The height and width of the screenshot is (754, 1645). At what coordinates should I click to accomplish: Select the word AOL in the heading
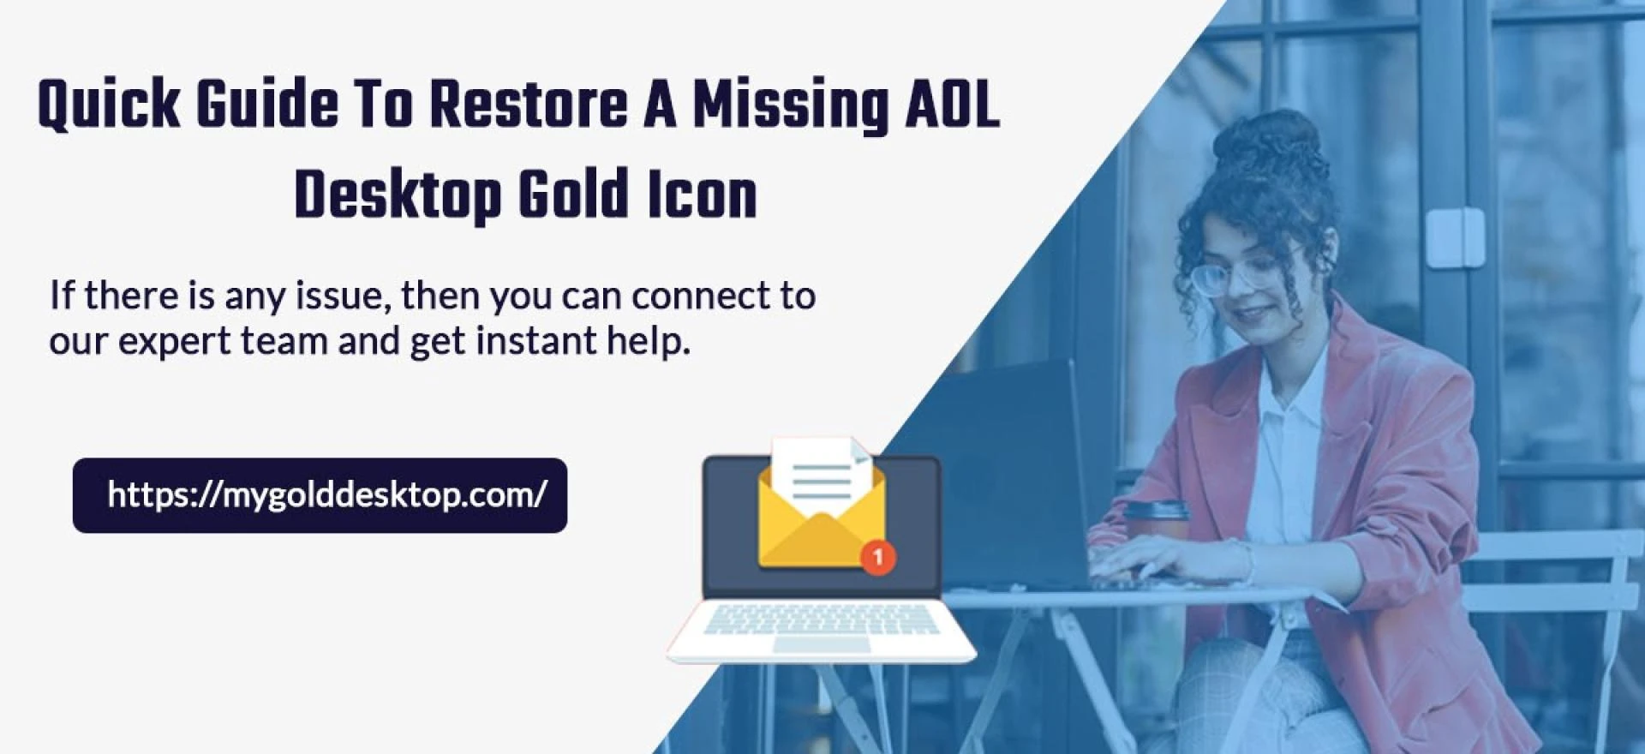951,105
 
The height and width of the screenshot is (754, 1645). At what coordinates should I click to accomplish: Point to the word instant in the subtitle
536,341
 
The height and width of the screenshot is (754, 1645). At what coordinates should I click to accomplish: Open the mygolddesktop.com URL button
320,495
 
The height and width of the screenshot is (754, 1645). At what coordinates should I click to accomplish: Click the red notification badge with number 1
877,557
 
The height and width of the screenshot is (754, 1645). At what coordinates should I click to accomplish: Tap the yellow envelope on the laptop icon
821,519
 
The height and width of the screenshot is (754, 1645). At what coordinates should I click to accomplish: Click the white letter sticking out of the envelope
822,476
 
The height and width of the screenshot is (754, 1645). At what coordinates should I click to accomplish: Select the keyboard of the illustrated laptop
820,619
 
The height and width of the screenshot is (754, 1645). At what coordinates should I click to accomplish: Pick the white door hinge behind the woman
1454,237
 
